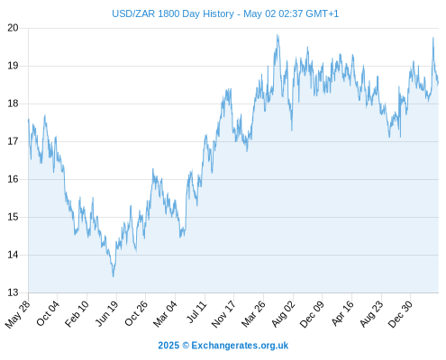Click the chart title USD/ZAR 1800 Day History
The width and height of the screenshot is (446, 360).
[173, 13]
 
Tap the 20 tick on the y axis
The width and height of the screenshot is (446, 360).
[13, 28]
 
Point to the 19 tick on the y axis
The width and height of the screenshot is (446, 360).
[13, 66]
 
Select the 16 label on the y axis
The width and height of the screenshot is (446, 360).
[13, 179]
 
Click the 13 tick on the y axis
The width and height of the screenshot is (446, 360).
[13, 292]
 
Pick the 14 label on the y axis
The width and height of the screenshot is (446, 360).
[13, 255]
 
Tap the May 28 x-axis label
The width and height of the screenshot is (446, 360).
[17, 314]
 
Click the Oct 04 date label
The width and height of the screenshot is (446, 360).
[48, 313]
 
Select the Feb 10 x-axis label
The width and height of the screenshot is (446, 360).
[77, 314]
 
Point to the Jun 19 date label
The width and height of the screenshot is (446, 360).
[107, 313]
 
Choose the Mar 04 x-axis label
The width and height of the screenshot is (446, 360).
[165, 314]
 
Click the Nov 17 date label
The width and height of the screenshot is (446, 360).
[223, 314]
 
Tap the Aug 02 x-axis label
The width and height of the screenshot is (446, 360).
[283, 314]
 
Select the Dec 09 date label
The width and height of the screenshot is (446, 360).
[312, 314]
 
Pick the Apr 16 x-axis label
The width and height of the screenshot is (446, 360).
[342, 313]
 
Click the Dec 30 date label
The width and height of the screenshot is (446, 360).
[400, 314]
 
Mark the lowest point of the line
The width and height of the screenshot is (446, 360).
[114, 276]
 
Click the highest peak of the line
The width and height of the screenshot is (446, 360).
[278, 35]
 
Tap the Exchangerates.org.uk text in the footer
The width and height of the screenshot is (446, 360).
[240, 346]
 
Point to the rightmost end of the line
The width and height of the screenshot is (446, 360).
[438, 82]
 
